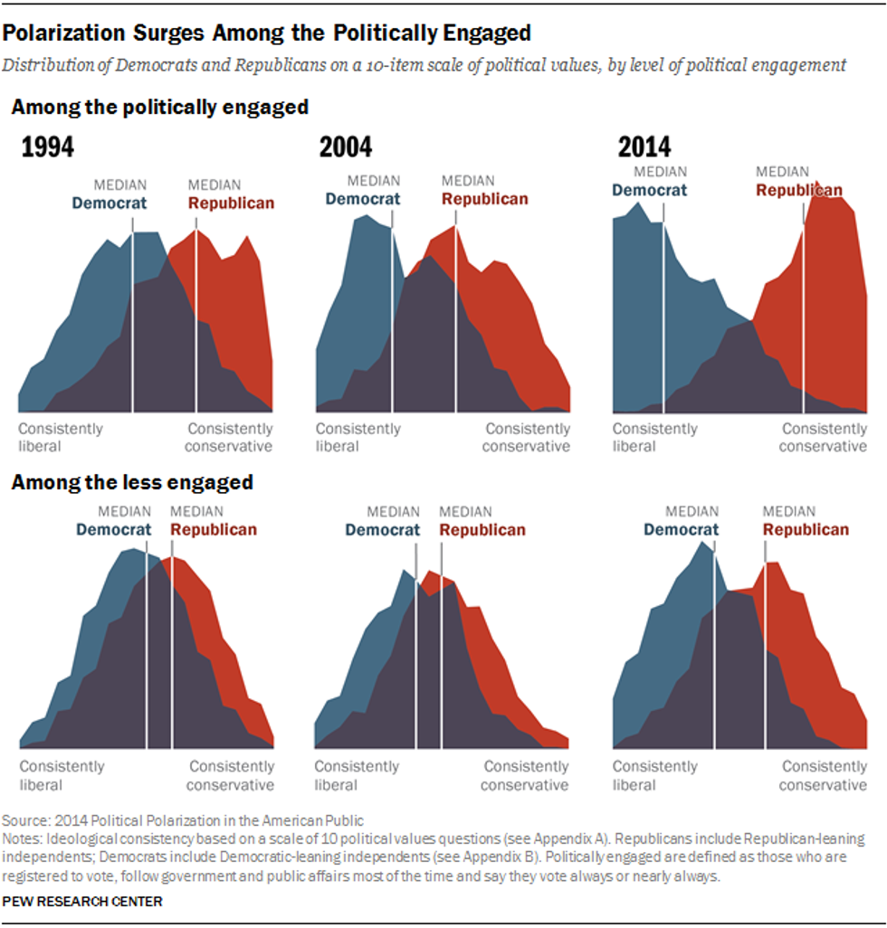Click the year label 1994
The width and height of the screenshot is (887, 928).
point(48,148)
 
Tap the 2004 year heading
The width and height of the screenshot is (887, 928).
point(346,148)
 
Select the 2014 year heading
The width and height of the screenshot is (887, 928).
point(644,148)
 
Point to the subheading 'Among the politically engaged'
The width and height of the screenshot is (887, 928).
point(159,108)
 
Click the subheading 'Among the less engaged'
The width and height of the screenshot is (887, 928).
point(131,482)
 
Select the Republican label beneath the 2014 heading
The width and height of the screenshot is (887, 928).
point(799,191)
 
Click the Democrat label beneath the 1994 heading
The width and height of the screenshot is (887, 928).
point(109,204)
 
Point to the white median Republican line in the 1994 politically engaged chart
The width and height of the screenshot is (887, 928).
point(196,317)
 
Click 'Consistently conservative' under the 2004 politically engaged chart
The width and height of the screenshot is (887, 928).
point(527,438)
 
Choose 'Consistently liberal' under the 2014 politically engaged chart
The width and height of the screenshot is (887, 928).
point(655,438)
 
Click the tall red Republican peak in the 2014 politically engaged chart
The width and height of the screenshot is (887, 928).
point(819,194)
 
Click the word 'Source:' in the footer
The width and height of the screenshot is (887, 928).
point(26,821)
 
